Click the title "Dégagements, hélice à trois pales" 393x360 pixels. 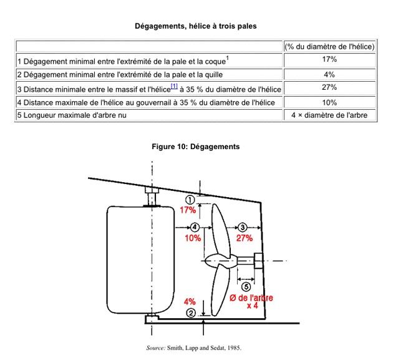pos(196,26)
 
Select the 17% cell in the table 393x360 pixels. pos(329,59)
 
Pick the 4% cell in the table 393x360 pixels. pos(329,73)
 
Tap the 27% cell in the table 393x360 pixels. pos(329,87)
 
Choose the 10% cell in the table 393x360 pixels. pos(329,102)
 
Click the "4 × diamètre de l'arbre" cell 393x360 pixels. pos(329,115)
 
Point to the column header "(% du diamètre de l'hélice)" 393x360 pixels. pos(329,46)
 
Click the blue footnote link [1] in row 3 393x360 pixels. pos(174,85)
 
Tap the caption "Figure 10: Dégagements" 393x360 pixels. pos(196,147)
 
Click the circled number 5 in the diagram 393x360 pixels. pos(246,287)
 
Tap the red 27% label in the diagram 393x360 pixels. pos(244,238)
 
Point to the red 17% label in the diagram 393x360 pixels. pos(188,210)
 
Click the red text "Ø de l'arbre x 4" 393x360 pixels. pos(251,302)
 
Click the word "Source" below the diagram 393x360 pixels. pos(155,348)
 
